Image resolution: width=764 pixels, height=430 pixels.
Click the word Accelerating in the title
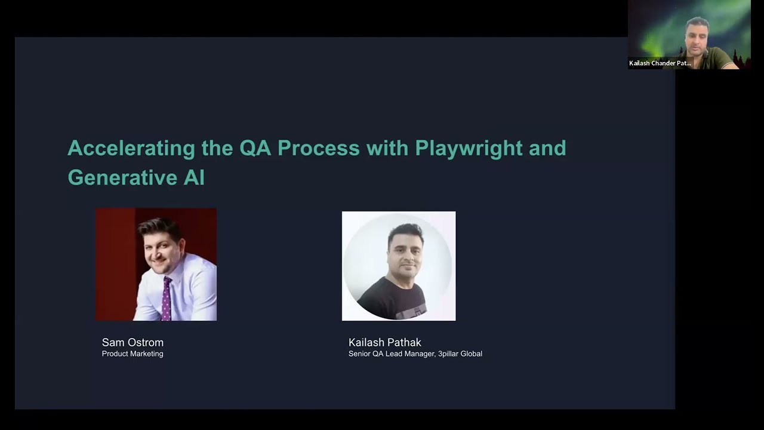pyautogui.click(x=131, y=148)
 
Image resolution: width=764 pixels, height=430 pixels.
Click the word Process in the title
pyautogui.click(x=318, y=148)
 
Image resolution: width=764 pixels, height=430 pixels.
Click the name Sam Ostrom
pyautogui.click(x=133, y=342)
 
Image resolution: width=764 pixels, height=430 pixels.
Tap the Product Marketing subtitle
pyautogui.click(x=133, y=354)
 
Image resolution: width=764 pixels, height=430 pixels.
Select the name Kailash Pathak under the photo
pyautogui.click(x=385, y=342)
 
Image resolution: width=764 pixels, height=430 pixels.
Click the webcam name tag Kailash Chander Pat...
pyautogui.click(x=660, y=63)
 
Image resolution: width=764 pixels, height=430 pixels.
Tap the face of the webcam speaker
pyautogui.click(x=697, y=34)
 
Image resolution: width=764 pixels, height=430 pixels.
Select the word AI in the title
pyautogui.click(x=194, y=177)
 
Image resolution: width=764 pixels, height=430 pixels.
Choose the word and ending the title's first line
pyautogui.click(x=547, y=148)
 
